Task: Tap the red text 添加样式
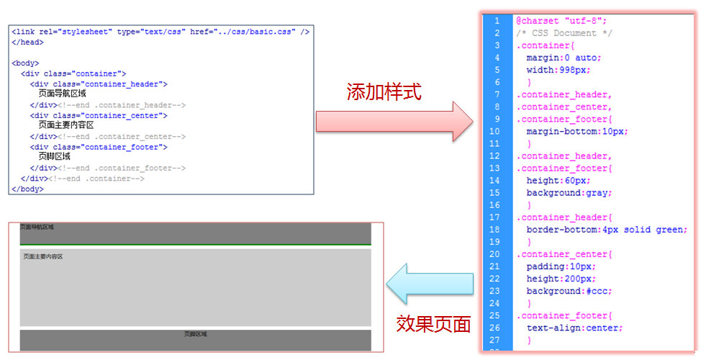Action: click(384, 92)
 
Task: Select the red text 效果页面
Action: click(433, 324)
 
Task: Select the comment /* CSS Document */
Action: click(556, 33)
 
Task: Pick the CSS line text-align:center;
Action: click(574, 328)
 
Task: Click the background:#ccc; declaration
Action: click(569, 291)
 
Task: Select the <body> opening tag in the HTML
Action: click(25, 63)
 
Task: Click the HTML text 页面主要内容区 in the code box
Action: click(66, 125)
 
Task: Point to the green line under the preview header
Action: click(195, 245)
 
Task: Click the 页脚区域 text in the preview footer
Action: click(195, 334)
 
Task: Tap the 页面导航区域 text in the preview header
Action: click(37, 227)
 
